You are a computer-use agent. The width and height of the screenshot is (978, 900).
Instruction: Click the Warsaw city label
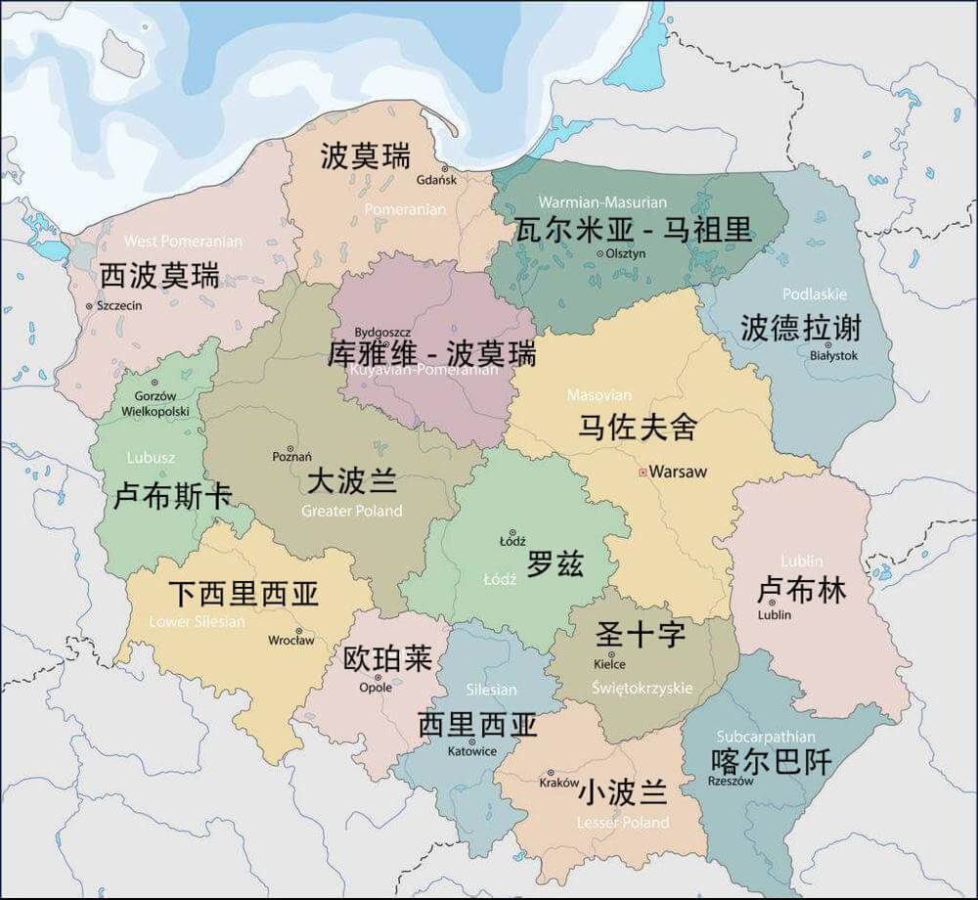(678, 472)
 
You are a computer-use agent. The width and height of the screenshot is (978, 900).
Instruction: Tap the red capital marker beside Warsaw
(642, 472)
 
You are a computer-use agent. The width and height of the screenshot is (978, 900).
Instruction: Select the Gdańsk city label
(436, 180)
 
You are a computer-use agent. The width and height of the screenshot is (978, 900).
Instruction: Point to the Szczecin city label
(118, 306)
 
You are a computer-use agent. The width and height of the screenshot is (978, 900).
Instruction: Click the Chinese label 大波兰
(352, 481)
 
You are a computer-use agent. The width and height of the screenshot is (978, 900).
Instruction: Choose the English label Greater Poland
(351, 511)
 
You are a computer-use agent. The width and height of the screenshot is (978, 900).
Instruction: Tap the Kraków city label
(559, 783)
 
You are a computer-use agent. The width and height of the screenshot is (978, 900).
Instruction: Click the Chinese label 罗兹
(555, 563)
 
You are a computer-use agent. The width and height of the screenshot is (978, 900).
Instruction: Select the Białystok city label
(833, 356)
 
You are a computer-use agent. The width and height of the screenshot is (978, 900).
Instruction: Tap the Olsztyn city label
(626, 253)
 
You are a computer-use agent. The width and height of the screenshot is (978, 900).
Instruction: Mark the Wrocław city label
(291, 641)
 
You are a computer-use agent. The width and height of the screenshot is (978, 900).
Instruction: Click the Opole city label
(376, 688)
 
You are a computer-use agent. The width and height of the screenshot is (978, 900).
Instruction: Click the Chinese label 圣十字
(641, 634)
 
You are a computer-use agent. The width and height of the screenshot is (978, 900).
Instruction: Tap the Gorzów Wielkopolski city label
(155, 403)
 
